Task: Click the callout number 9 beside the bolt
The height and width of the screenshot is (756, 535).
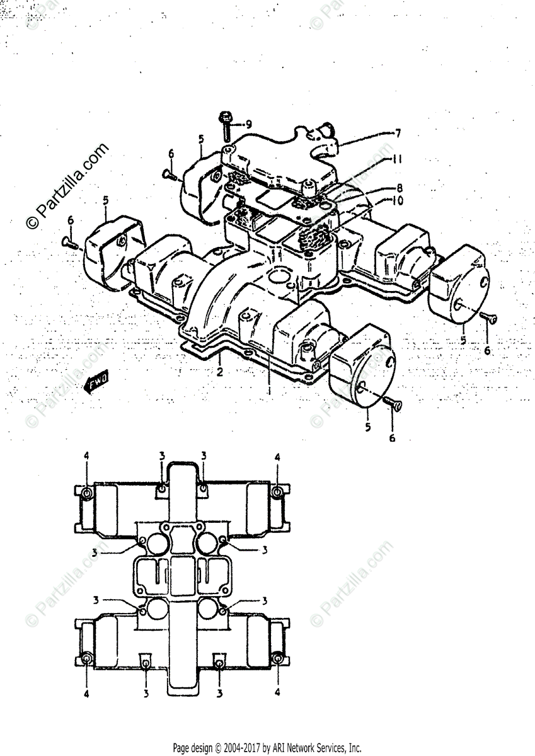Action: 249,123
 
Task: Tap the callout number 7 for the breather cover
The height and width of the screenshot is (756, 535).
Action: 398,133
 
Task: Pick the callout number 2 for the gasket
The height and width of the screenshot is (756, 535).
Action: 220,371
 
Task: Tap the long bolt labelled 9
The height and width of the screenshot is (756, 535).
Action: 226,127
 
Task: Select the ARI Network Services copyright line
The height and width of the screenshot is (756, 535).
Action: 267,748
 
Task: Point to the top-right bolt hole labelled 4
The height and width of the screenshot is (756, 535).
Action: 277,492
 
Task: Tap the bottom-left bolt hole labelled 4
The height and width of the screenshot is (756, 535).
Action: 86,659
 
